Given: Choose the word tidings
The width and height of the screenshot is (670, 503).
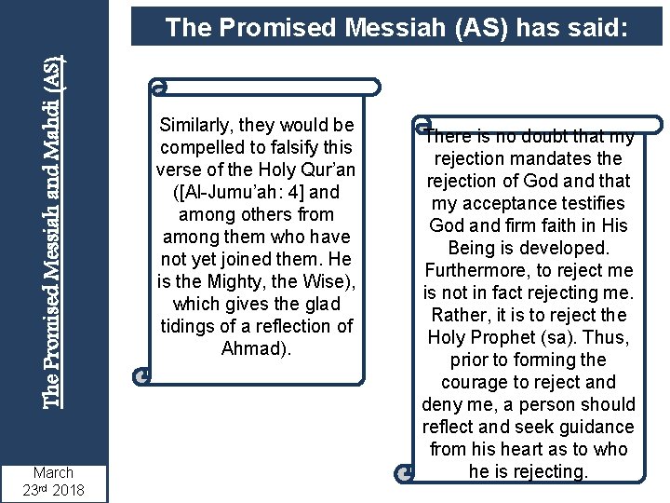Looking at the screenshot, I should [191, 326].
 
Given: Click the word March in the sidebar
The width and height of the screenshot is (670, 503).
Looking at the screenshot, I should [53, 472].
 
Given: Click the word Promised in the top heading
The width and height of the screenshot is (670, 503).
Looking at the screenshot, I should [270, 28].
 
